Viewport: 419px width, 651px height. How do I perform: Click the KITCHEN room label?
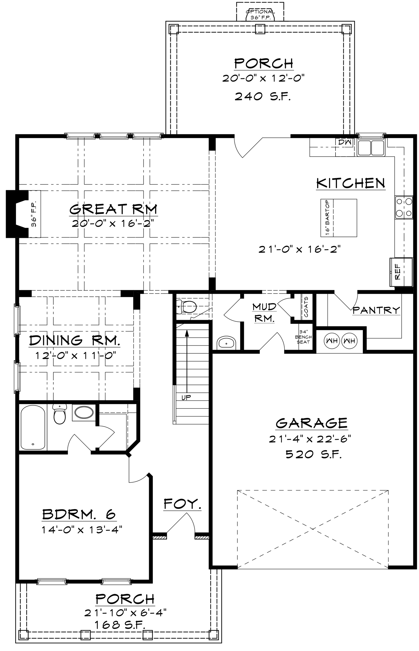coord(351,183)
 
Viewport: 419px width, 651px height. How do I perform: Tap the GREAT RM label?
coord(114,209)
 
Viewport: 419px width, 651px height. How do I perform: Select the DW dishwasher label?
coord(345,142)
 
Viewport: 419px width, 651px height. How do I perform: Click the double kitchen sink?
coord(371,148)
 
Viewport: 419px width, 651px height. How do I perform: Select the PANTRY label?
coord(376,310)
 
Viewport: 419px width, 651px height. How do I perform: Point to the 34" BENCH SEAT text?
coord(303,337)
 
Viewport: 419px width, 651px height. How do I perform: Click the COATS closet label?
coord(306,307)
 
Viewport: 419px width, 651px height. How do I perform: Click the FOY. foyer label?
coord(183,504)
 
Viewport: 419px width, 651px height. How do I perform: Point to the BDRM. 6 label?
coord(79,514)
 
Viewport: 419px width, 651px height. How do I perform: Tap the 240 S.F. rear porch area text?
coord(263,96)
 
